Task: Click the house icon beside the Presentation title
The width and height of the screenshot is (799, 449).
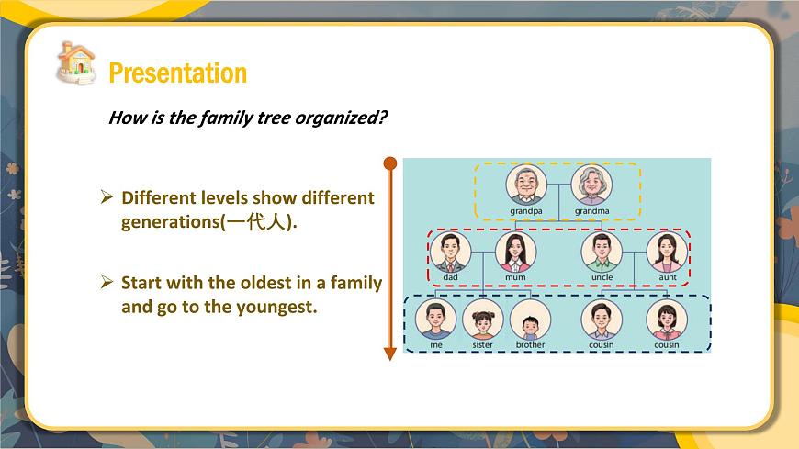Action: [x=76, y=62]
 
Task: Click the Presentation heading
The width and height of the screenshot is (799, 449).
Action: [x=177, y=73]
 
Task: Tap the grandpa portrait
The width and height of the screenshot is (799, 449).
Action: [x=526, y=185]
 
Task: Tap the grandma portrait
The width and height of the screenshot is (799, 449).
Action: [x=591, y=185]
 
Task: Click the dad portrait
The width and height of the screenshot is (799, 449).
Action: [x=450, y=252]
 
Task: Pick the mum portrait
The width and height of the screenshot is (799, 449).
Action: [x=515, y=252]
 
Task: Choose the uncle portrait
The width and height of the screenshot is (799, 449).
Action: [x=602, y=252]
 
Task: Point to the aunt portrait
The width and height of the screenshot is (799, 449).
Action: [x=667, y=252]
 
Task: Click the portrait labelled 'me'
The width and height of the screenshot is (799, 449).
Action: [x=435, y=320]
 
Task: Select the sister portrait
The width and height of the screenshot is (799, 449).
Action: [x=482, y=321]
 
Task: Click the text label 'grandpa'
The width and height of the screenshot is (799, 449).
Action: [x=526, y=211]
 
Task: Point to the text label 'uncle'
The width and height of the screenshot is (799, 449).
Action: [x=602, y=277]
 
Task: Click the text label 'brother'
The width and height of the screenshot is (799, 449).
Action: [x=530, y=345]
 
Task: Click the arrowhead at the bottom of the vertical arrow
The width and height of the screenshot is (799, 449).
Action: [x=389, y=353]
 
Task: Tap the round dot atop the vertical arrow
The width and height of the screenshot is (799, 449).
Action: [x=389, y=163]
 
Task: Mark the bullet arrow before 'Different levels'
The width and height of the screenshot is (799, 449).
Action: [x=107, y=197]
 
